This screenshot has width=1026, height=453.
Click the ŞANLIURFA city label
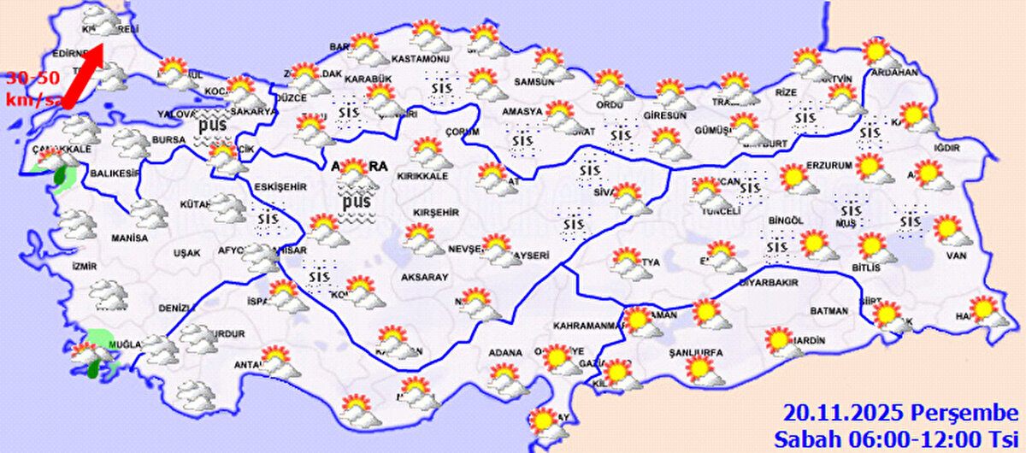696,352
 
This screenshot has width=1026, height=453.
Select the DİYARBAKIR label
769,282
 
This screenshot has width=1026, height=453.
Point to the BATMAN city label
828,310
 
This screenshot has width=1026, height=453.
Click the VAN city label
955,255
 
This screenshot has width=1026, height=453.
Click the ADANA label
504,352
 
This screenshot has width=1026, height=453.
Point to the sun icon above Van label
946,228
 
